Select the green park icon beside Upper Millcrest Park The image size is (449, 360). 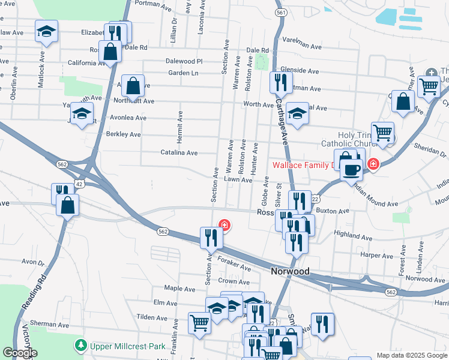(x=80, y=346)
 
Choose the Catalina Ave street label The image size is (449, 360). (x=179, y=153)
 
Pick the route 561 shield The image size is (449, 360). (x=280, y=12)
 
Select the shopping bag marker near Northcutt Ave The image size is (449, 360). (x=133, y=86)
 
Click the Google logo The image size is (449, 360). (x=19, y=353)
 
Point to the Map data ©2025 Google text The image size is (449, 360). (x=411, y=355)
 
